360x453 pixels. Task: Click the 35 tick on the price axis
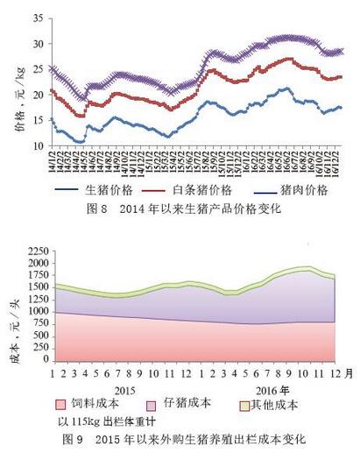point(38,18)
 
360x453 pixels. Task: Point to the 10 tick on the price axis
point(38,145)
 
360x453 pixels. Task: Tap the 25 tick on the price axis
point(38,69)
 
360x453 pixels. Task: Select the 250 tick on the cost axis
point(35,347)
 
